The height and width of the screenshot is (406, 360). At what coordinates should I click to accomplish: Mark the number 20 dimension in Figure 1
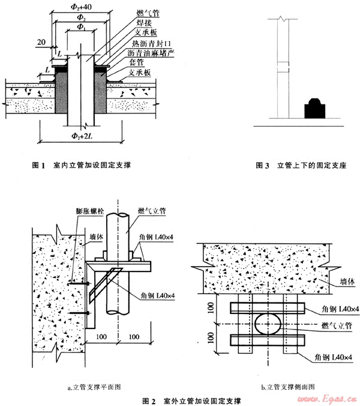(x=41, y=43)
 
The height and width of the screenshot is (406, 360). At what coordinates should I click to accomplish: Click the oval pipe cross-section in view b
(x=269, y=325)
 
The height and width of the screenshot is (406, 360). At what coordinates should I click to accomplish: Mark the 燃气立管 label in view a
(x=151, y=211)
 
